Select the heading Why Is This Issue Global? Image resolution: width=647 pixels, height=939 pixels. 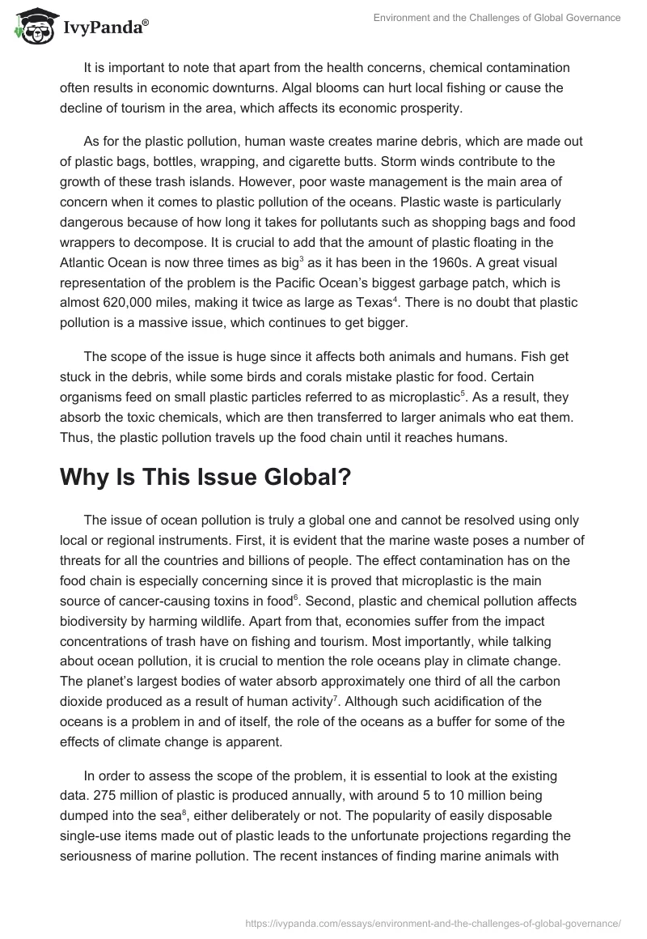point(205,478)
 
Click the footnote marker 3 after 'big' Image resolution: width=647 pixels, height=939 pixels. point(302,259)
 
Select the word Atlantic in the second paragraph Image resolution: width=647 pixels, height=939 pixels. point(82,263)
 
